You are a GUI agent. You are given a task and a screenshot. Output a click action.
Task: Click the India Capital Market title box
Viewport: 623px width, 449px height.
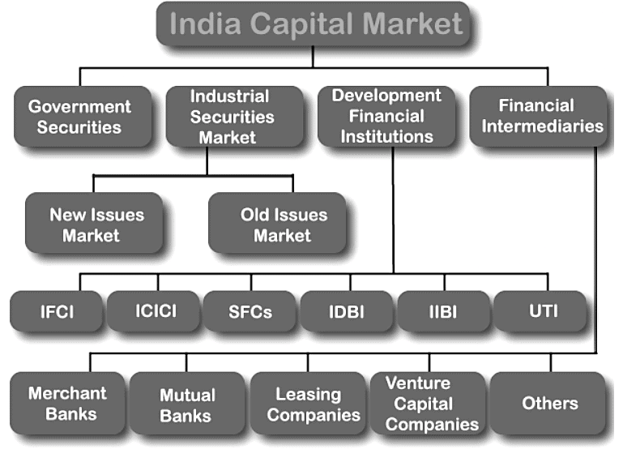(x=313, y=24)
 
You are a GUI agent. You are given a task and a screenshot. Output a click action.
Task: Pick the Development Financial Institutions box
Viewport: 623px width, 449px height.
(x=386, y=117)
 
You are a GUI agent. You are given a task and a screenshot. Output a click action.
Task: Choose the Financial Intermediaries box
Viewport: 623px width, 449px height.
(x=537, y=117)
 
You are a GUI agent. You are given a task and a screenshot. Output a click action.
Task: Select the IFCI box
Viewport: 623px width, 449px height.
(x=57, y=311)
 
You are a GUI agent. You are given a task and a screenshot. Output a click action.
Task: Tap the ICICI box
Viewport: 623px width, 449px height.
(x=154, y=311)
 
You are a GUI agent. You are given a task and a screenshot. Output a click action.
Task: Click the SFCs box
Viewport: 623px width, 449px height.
(x=250, y=311)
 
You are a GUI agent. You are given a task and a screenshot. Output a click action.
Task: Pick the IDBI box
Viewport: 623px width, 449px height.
(x=347, y=311)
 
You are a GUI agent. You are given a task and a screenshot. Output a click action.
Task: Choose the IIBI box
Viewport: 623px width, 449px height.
(x=443, y=311)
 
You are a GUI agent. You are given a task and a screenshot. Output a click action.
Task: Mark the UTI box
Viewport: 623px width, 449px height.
(x=539, y=311)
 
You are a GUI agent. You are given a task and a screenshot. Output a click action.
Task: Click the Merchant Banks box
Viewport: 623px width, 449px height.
(x=67, y=404)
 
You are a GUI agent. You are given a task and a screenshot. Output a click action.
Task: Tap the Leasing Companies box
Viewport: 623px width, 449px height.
(x=308, y=404)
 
